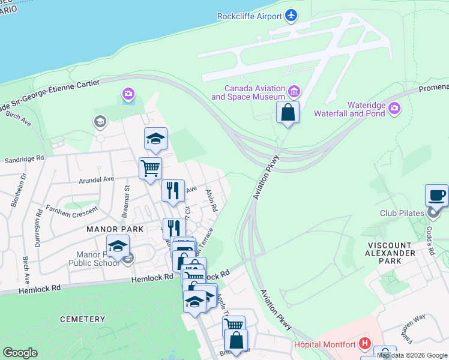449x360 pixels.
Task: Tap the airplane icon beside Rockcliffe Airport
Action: [x=292, y=14]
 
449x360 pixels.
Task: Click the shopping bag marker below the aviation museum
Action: [x=288, y=112]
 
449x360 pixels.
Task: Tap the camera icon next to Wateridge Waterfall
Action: [x=394, y=108]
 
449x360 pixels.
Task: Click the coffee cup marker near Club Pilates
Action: [x=436, y=196]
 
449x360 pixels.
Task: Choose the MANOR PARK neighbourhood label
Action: [x=114, y=229]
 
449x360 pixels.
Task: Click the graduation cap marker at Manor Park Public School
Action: [x=118, y=247]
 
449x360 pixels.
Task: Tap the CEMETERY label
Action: [x=82, y=319]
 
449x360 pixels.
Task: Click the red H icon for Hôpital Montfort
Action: [x=364, y=344]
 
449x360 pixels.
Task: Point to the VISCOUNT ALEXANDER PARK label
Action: [x=390, y=253]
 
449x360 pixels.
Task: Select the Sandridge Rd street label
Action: [x=25, y=160]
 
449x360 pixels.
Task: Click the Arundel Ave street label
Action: [x=96, y=179]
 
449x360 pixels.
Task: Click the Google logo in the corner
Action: [x=20, y=353]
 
